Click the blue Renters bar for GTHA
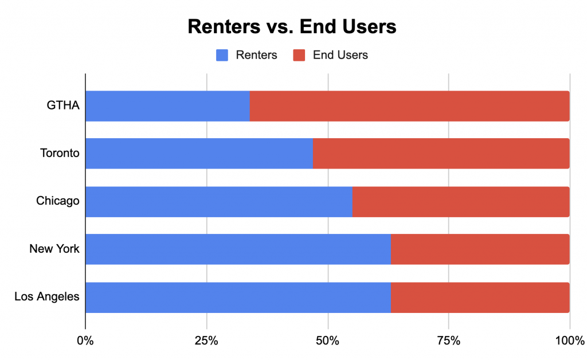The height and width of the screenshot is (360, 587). tap(167, 106)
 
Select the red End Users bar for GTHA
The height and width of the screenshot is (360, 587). tap(409, 106)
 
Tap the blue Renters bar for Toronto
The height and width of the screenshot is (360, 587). tap(199, 154)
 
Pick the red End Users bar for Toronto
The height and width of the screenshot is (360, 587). tap(441, 154)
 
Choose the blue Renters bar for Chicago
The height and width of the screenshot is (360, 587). tap(219, 201)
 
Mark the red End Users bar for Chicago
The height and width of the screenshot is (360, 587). tap(461, 201)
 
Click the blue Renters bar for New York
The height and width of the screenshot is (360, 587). tap(238, 249)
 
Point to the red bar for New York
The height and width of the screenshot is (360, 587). tap(480, 249)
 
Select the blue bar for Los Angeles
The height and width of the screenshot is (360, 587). tap(238, 297)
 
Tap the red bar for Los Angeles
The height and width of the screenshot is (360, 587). tap(480, 297)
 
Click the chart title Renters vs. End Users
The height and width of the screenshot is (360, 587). tap(292, 27)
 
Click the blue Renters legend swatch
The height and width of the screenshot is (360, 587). tap(222, 55)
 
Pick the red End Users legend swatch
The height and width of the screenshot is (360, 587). tap(299, 55)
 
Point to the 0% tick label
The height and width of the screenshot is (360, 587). tap(85, 342)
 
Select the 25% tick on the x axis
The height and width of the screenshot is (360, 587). tap(206, 342)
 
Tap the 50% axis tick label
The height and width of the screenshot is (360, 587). tap(327, 342)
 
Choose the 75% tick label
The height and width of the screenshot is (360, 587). tap(448, 342)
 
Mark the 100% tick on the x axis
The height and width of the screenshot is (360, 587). tap(569, 342)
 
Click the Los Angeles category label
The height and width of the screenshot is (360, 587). tap(47, 297)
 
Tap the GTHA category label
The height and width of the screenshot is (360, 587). tap(64, 106)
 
